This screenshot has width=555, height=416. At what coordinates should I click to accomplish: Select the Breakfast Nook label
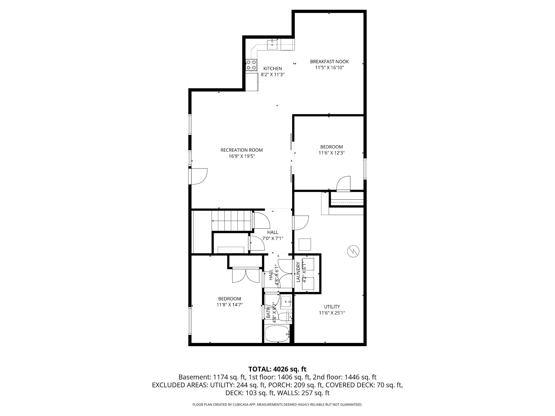(329, 62)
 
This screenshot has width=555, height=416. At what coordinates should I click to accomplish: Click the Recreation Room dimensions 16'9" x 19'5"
(241, 156)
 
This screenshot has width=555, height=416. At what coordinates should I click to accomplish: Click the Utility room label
(332, 307)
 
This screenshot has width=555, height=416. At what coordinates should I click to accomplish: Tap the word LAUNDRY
(298, 272)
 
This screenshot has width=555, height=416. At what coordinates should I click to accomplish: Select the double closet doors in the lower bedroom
(246, 275)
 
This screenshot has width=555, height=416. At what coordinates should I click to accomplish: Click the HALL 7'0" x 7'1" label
(273, 232)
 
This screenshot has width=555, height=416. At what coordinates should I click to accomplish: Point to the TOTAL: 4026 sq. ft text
(277, 369)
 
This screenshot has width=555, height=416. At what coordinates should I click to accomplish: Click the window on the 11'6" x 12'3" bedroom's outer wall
(365, 169)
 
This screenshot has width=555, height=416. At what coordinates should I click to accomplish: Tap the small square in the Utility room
(305, 244)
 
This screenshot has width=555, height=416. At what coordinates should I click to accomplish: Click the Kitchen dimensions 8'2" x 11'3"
(272, 74)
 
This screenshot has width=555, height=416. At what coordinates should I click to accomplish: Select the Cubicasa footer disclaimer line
(277, 405)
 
